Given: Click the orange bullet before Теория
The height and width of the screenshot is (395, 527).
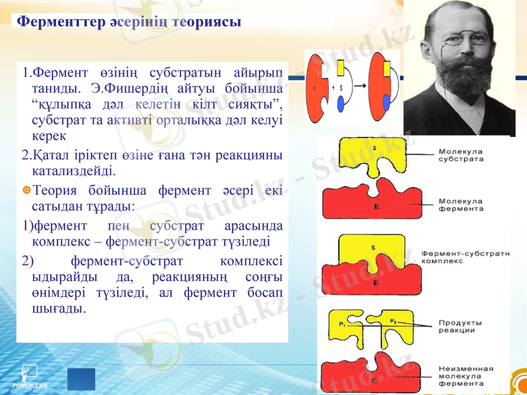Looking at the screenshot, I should tap(26, 190).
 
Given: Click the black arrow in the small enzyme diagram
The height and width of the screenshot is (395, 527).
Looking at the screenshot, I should tap(358, 86).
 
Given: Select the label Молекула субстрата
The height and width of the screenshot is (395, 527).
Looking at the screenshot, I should tap(460, 155).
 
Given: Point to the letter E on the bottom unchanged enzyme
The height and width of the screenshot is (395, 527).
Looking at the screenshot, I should tap(374, 381).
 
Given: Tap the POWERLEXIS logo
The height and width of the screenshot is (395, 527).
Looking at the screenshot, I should tap(29, 378).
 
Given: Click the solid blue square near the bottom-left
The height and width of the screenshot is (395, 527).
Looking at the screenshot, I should tap(81, 379).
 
